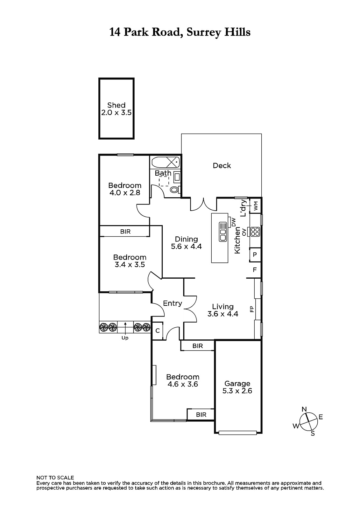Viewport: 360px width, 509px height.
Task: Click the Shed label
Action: tap(116, 105)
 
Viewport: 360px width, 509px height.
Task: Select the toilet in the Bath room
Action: tap(175, 189)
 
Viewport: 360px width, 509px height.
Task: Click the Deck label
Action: tap(222, 166)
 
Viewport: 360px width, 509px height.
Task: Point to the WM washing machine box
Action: tap(255, 206)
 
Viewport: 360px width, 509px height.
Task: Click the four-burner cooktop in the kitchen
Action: tap(255, 232)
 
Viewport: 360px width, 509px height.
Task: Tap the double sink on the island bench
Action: tap(222, 232)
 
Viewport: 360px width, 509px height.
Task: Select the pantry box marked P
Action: tap(255, 254)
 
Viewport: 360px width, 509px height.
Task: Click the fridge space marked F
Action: tap(255, 270)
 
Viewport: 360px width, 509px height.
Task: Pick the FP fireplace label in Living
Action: tap(251, 309)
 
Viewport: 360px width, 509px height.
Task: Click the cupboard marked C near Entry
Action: tap(157, 331)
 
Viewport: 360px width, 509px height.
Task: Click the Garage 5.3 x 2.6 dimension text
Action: tap(237, 391)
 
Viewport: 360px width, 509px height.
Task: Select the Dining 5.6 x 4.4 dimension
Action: tap(186, 247)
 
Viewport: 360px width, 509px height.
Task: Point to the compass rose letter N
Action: tap(304, 409)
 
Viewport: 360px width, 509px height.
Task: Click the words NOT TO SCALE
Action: tap(55, 478)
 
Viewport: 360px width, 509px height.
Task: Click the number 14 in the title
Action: tap(115, 32)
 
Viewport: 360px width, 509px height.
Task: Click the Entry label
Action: tap(173, 303)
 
